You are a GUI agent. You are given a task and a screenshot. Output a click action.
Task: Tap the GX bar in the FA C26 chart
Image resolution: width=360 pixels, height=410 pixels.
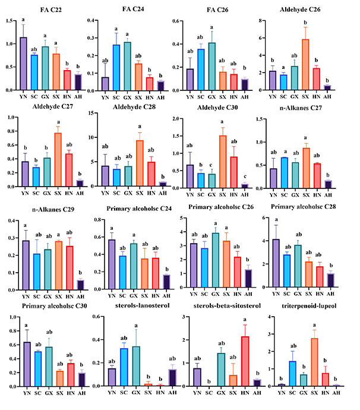click(212, 66)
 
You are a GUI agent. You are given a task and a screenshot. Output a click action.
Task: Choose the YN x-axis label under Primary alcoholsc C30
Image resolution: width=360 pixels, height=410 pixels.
click(23, 393)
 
